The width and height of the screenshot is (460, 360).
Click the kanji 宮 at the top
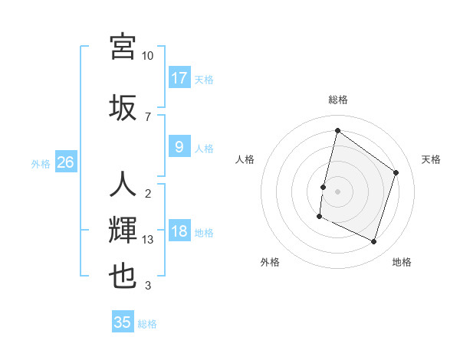(x=123, y=47)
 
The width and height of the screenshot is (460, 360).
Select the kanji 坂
(x=123, y=107)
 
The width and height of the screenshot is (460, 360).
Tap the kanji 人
(x=123, y=185)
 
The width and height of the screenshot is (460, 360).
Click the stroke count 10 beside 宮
(x=147, y=56)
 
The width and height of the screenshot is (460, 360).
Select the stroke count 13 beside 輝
(x=148, y=240)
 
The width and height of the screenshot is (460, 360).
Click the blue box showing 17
(x=179, y=78)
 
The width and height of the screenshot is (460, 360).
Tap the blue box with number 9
(x=179, y=147)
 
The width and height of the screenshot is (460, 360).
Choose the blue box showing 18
(x=179, y=232)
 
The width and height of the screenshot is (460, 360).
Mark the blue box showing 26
(x=66, y=162)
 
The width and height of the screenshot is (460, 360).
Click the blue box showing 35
(x=123, y=322)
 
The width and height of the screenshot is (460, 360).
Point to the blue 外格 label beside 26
(x=41, y=163)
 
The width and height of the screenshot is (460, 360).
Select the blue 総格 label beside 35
(x=147, y=324)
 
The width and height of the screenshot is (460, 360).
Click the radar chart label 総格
(x=337, y=100)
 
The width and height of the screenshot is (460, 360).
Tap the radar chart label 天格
(x=431, y=159)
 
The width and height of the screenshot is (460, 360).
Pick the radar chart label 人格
(x=245, y=159)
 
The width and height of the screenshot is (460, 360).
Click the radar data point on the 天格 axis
(x=396, y=172)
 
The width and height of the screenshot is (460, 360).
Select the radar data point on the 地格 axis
(x=374, y=242)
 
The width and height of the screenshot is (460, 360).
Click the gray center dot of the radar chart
(x=337, y=191)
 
